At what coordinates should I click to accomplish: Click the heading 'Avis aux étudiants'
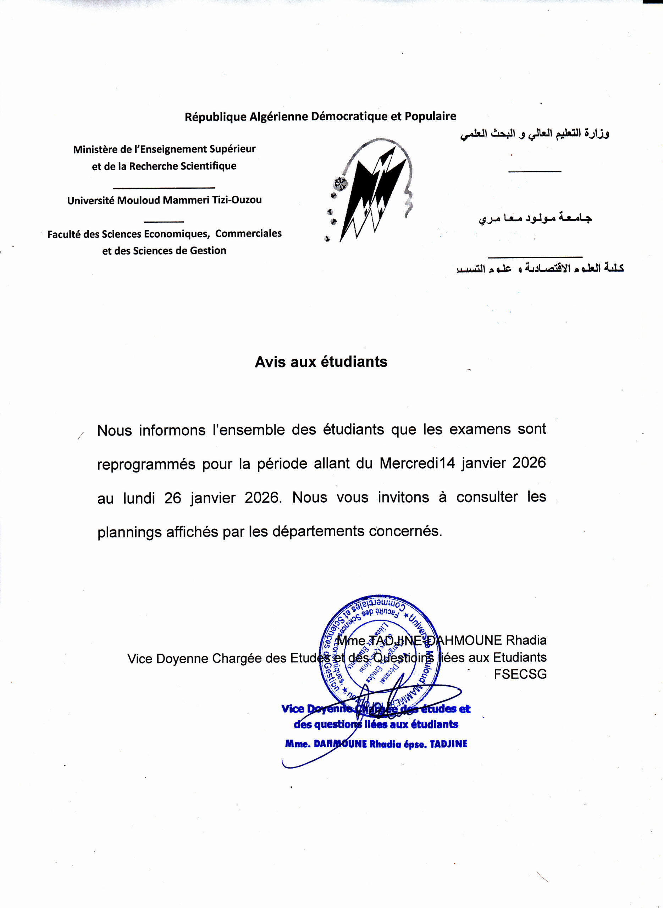[x=321, y=362]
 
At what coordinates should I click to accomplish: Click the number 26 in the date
[x=172, y=498]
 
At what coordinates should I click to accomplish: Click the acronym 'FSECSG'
[x=520, y=675]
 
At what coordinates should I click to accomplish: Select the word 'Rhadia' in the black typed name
[x=526, y=640]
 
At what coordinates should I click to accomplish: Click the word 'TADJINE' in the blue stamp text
[x=448, y=744]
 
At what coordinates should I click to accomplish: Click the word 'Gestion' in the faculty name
[x=208, y=251]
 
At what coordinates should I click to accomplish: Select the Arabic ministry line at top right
[x=534, y=133]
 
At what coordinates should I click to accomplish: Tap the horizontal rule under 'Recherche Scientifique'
[x=164, y=187]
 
